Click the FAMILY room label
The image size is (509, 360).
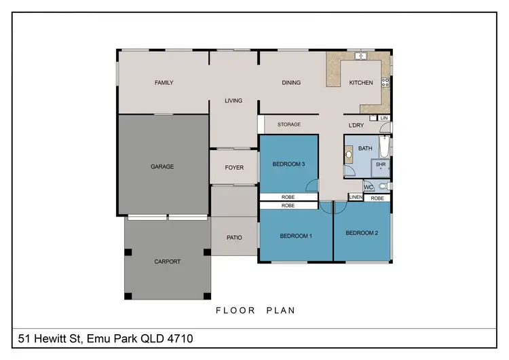click(164, 83)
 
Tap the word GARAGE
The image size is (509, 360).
click(162, 166)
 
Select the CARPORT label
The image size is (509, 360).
click(168, 261)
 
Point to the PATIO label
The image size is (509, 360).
click(234, 238)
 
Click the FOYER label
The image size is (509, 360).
click(234, 168)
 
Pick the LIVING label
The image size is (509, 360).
click(233, 101)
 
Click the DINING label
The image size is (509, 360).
click(291, 83)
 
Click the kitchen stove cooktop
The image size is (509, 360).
click(385, 83)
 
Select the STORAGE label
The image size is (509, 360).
click(289, 124)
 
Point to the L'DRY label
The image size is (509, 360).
click(356, 125)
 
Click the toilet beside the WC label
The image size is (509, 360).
click(383, 185)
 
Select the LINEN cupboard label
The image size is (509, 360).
click(356, 198)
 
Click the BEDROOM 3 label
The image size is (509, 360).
click(288, 164)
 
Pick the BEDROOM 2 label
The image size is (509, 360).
click(361, 233)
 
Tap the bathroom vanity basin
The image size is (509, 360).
click(349, 155)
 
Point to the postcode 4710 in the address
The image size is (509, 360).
click(185, 338)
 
